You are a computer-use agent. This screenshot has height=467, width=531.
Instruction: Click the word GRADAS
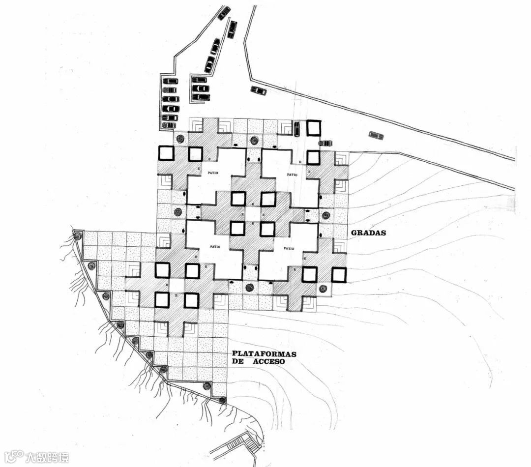click(368, 233)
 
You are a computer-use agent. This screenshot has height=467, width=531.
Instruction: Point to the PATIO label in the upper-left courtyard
click(213, 173)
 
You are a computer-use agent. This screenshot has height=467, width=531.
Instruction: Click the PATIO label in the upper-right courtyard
click(292, 174)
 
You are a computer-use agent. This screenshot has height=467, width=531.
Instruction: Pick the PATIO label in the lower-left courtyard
click(215, 246)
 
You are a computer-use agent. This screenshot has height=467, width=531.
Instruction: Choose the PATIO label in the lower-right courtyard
click(290, 249)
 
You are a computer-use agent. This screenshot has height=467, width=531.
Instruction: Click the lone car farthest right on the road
click(376, 135)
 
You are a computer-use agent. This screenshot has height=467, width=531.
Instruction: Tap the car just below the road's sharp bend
click(259, 90)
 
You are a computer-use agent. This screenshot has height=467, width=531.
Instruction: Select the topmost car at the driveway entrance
click(225, 13)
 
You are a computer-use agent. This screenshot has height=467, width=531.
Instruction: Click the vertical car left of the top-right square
click(297, 129)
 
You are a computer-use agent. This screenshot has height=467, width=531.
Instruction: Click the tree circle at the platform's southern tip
click(223, 400)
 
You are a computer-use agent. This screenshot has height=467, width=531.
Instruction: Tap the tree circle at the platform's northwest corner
click(77, 236)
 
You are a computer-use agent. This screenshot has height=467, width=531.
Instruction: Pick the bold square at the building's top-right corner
click(314, 128)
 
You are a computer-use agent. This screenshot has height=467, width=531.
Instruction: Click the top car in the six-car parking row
click(171, 81)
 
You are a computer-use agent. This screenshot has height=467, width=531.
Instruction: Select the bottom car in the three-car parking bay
click(201, 97)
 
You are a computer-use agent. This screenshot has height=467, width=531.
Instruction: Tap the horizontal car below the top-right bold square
click(325, 143)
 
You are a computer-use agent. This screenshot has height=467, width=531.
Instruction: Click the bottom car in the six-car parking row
click(169, 125)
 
